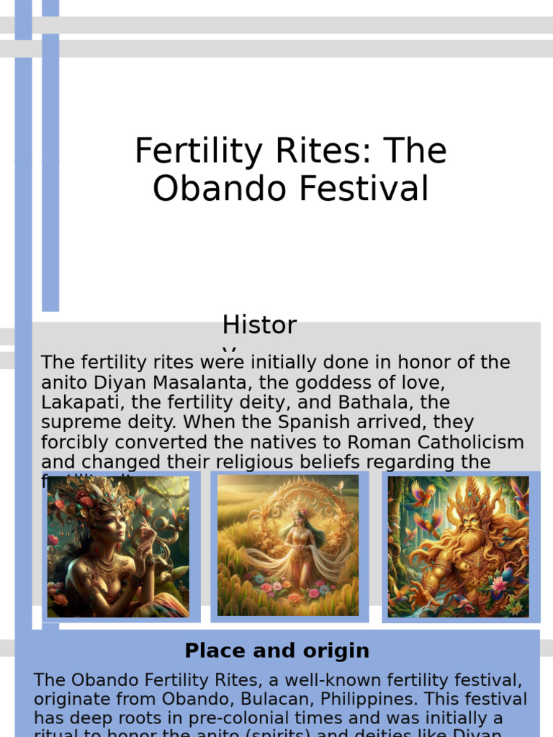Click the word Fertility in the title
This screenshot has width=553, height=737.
tap(186, 152)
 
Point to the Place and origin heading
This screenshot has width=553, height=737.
tap(276, 651)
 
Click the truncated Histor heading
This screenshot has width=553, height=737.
tap(259, 326)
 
